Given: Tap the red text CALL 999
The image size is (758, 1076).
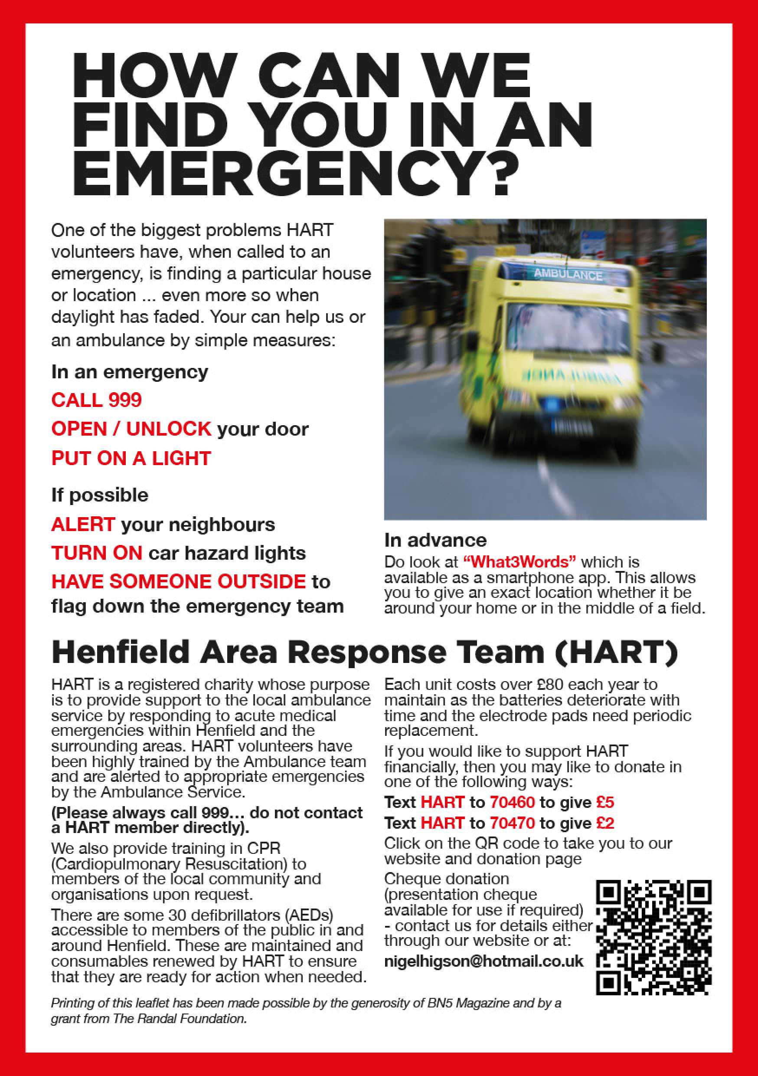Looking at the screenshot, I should [x=97, y=400].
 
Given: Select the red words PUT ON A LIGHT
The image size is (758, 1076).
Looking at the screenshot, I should [x=131, y=458].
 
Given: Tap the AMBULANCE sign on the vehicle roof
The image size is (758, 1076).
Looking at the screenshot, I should [x=568, y=274].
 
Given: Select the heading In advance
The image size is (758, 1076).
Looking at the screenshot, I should [x=435, y=540].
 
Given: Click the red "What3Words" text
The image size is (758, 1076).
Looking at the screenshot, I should [x=519, y=561].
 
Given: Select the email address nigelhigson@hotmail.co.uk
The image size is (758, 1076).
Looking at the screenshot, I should [x=484, y=961].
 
